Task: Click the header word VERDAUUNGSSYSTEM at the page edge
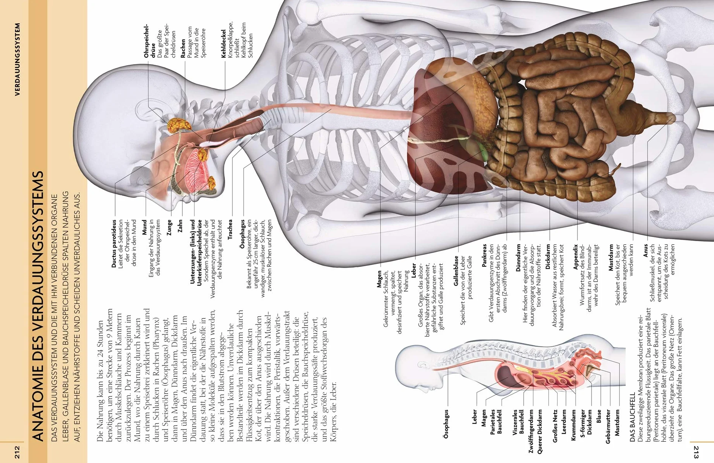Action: pos(17,60)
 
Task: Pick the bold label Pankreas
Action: pos(484,255)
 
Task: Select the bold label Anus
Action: pos(645,250)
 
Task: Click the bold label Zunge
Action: pos(169,228)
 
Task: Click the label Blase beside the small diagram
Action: pos(599,416)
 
